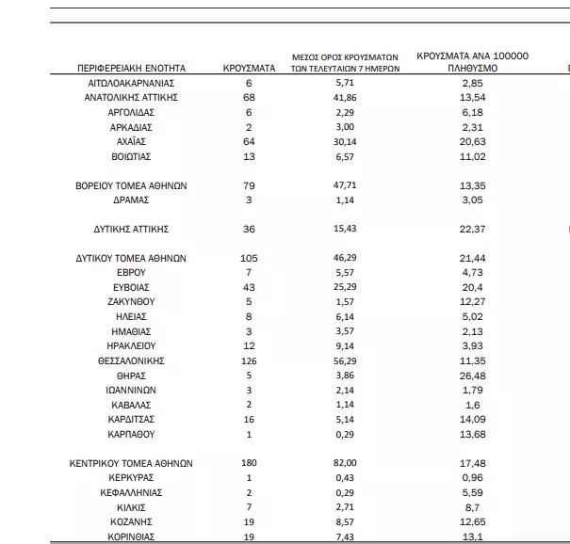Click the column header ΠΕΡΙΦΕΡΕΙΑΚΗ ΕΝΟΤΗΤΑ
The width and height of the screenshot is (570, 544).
[131, 69]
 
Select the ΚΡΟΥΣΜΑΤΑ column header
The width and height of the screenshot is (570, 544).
[249, 69]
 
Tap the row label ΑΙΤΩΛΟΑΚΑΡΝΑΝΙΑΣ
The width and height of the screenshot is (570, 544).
[131, 84]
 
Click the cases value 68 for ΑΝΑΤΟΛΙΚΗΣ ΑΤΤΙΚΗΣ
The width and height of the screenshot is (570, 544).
[249, 98]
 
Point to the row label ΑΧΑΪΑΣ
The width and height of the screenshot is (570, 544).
[131, 141]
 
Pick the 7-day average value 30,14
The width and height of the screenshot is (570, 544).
[347, 141]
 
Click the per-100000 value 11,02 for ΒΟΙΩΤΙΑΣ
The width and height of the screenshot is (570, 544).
[473, 156]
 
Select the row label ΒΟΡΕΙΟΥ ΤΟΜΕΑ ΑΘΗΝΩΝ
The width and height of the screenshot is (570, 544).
[131, 185]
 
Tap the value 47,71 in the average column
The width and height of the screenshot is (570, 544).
[347, 185]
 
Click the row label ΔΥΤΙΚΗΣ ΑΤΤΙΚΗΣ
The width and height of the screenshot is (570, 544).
[131, 229]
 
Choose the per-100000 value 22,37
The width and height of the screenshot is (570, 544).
[473, 229]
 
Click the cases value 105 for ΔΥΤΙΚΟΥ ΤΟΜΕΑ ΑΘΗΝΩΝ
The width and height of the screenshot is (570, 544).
[249, 258]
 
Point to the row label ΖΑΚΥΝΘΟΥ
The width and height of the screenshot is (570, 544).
[131, 301]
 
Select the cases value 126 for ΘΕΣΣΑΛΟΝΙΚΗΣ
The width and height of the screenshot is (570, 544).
[249, 360]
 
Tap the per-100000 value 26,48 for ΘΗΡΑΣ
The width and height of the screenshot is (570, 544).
[473, 375]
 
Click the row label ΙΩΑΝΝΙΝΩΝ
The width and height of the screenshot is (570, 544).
[131, 389]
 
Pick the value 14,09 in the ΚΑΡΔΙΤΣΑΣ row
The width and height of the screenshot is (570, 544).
[473, 418]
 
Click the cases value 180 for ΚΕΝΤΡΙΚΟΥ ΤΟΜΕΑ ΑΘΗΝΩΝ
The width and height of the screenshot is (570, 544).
[249, 462]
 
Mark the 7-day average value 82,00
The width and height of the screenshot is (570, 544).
[347, 462]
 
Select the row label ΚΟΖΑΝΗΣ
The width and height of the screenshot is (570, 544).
[131, 520]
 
